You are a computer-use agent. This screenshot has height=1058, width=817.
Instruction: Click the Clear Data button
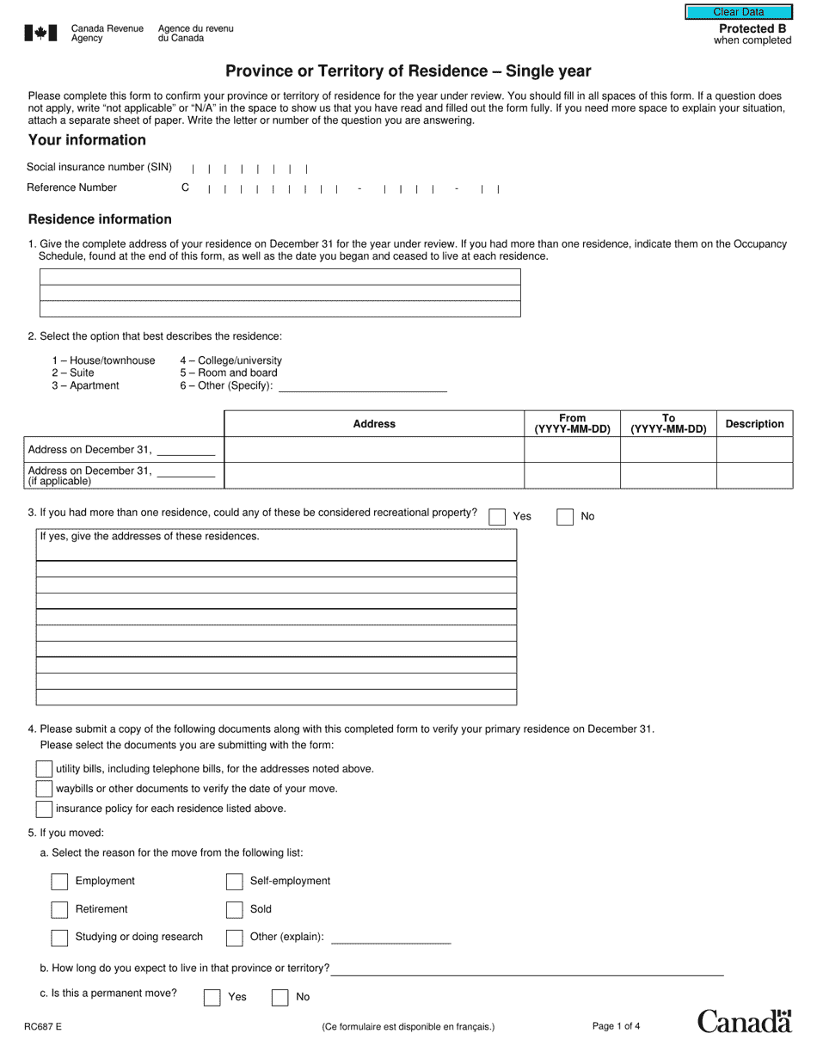pos(738,12)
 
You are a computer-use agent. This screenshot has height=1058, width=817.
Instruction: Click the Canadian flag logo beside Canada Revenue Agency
pos(40,34)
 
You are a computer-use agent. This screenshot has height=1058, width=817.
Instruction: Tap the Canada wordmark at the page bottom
pos(743,1021)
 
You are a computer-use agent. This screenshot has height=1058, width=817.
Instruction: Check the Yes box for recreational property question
pos(497,517)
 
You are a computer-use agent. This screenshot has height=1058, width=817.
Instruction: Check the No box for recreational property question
pos(565,517)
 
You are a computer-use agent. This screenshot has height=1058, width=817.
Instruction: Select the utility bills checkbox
pos(44,768)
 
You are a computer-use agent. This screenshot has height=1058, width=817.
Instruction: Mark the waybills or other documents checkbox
pos(44,788)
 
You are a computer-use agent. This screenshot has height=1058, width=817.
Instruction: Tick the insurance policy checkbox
pos(44,809)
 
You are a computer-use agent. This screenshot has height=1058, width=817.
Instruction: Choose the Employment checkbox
pos(59,882)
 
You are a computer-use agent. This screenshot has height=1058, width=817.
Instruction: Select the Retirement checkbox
pos(59,910)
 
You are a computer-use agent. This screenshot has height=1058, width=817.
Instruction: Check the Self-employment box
pos(234,882)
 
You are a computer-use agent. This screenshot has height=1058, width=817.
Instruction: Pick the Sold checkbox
pos(234,910)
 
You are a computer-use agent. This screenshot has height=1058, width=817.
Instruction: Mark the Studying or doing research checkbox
pos(59,938)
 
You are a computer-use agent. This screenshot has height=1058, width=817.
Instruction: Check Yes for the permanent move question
pos(212,998)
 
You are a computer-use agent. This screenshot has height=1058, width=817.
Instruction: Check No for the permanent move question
pos(279,998)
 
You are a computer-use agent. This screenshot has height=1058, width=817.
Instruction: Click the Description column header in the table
pos(754,424)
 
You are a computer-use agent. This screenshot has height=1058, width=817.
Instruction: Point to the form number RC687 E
pos(44,1026)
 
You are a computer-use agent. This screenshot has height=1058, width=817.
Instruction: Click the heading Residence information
pos(100,219)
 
